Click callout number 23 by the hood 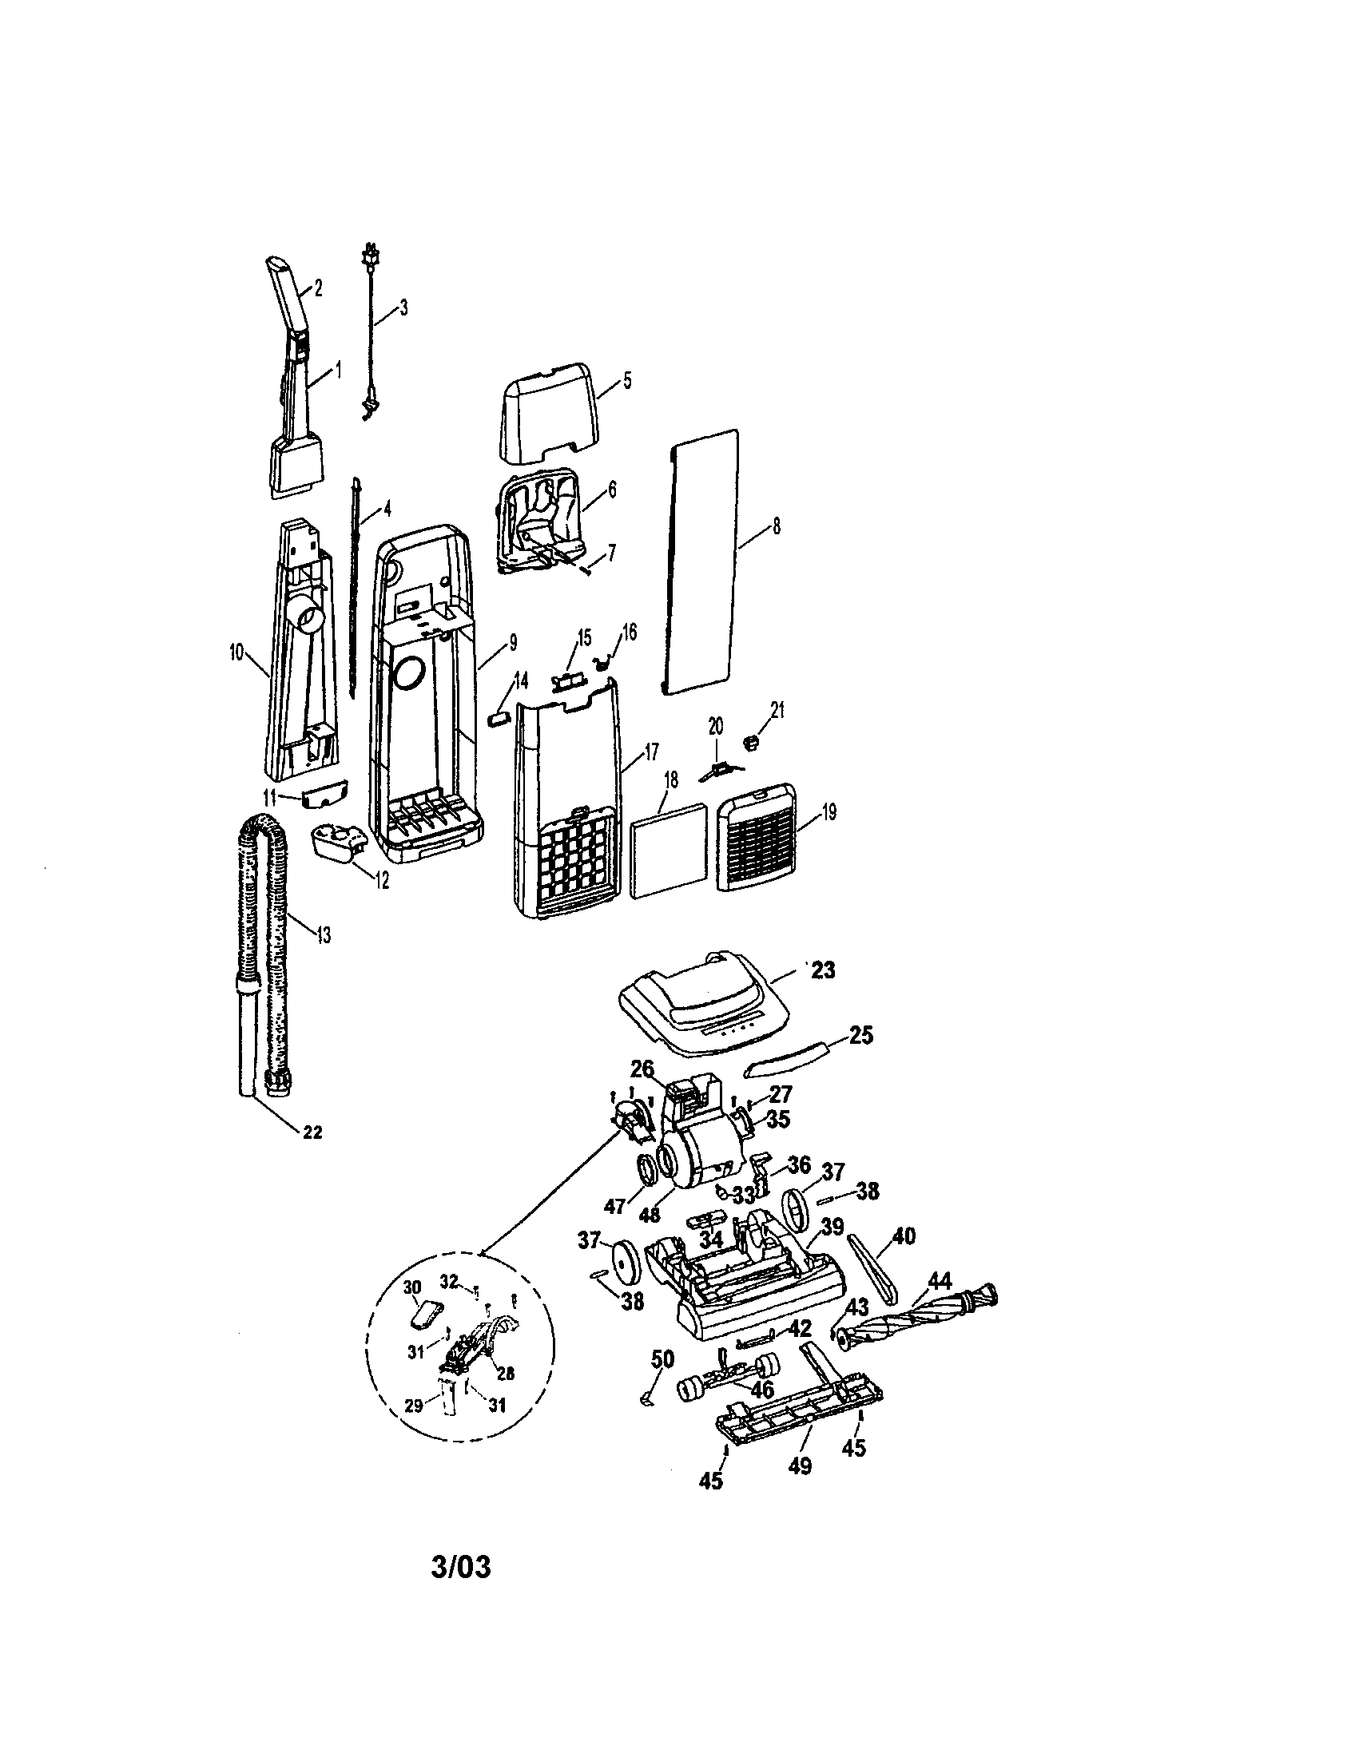tap(822, 970)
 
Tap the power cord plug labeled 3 tap(371, 252)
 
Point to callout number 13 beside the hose tap(324, 935)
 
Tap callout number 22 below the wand tap(312, 1132)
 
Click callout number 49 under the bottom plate tap(799, 1465)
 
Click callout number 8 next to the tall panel tap(776, 526)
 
